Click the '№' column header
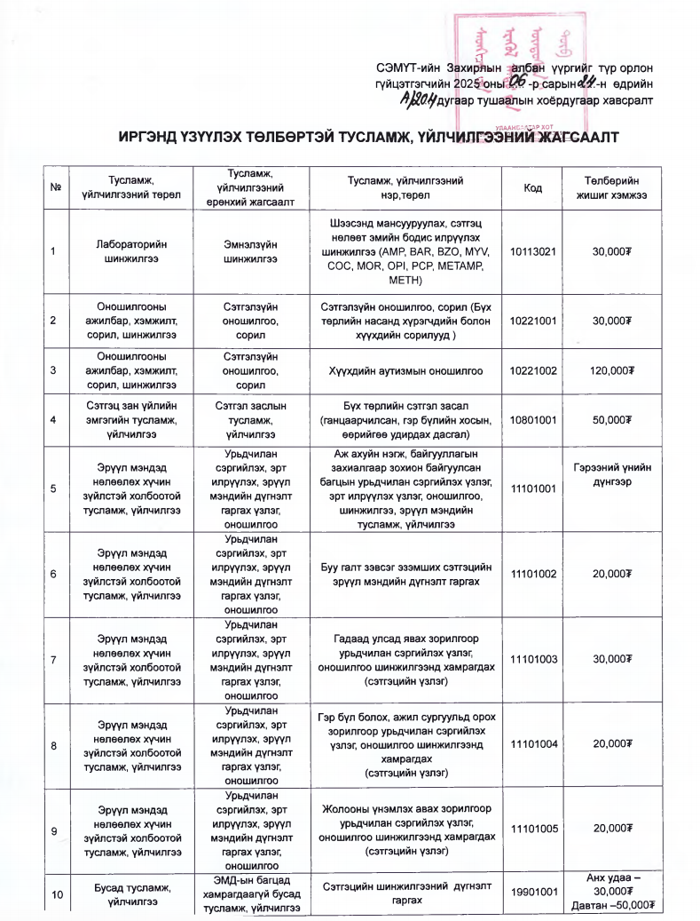click(x=55, y=187)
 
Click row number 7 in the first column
click(x=55, y=658)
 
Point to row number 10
click(x=55, y=893)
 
